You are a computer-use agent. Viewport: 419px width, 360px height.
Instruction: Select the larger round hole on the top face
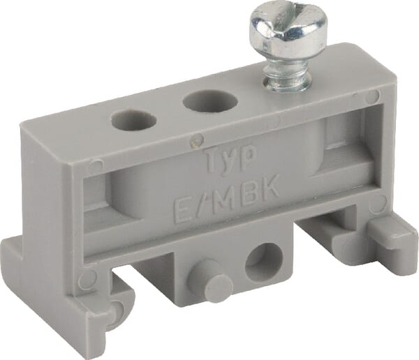coord(210,100)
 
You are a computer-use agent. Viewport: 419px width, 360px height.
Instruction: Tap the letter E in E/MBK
coord(182,210)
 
